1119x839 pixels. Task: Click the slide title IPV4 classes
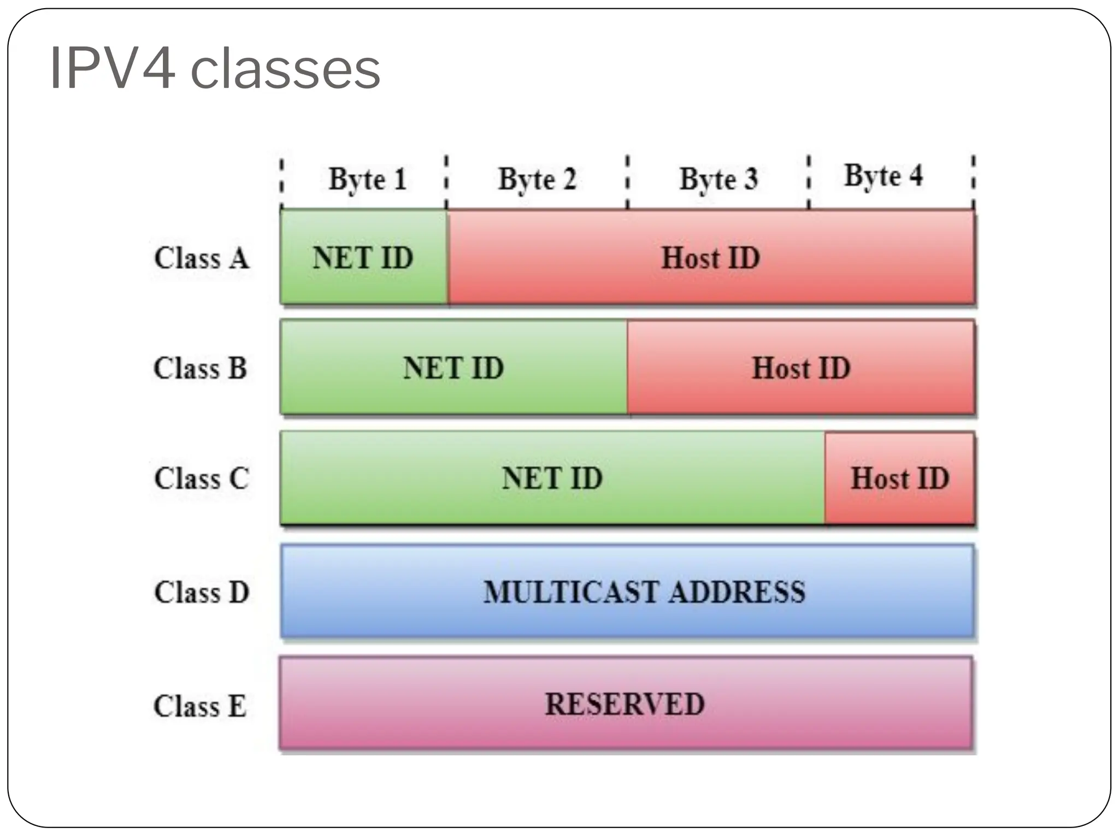[x=214, y=69]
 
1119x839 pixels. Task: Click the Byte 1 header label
[x=367, y=179]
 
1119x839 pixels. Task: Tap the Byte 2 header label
[x=537, y=179]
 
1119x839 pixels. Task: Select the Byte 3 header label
[x=718, y=179]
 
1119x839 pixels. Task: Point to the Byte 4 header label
[x=883, y=176]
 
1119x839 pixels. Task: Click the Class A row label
[x=201, y=258]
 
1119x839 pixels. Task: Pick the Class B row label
[x=200, y=368]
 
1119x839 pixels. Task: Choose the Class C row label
[x=201, y=478]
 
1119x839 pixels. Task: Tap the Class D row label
[x=201, y=592]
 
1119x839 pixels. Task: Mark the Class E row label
[x=200, y=705]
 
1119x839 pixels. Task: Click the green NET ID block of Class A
[x=363, y=258]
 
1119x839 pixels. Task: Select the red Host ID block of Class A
[x=710, y=258]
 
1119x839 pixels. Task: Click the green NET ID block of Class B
[x=454, y=368]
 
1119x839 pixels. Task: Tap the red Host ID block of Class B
[x=801, y=368]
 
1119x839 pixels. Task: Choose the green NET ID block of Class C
[x=552, y=478]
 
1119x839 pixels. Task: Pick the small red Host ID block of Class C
[x=899, y=478]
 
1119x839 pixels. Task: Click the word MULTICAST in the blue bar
[x=572, y=592]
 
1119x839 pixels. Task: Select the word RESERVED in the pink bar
[x=625, y=704]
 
